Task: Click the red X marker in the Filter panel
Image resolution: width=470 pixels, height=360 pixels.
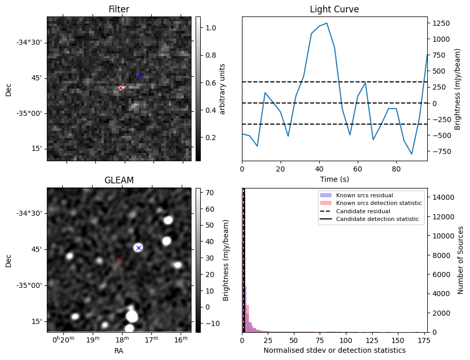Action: (x=120, y=88)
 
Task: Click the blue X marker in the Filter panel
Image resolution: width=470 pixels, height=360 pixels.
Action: (x=139, y=75)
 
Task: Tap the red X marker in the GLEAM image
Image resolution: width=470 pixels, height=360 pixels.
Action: (x=119, y=261)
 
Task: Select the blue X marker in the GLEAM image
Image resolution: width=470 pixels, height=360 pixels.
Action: (x=138, y=248)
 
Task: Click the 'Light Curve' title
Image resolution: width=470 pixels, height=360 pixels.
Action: (x=334, y=9)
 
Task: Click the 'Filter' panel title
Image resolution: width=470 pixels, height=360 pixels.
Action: (x=119, y=9)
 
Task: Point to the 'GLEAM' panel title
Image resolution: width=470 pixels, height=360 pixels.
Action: (x=119, y=180)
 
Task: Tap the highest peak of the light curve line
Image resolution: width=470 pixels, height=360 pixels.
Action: (x=327, y=23)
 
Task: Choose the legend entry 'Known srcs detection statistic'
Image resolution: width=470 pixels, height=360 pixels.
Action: (x=378, y=203)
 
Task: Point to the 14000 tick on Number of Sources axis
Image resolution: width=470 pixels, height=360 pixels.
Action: (x=441, y=197)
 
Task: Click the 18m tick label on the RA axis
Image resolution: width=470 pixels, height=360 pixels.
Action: (x=122, y=340)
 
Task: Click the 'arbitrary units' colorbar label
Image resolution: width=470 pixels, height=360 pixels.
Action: (x=222, y=89)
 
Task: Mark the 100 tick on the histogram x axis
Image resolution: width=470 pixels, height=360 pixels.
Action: (x=346, y=340)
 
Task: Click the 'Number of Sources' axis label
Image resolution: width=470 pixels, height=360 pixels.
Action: (x=461, y=260)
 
